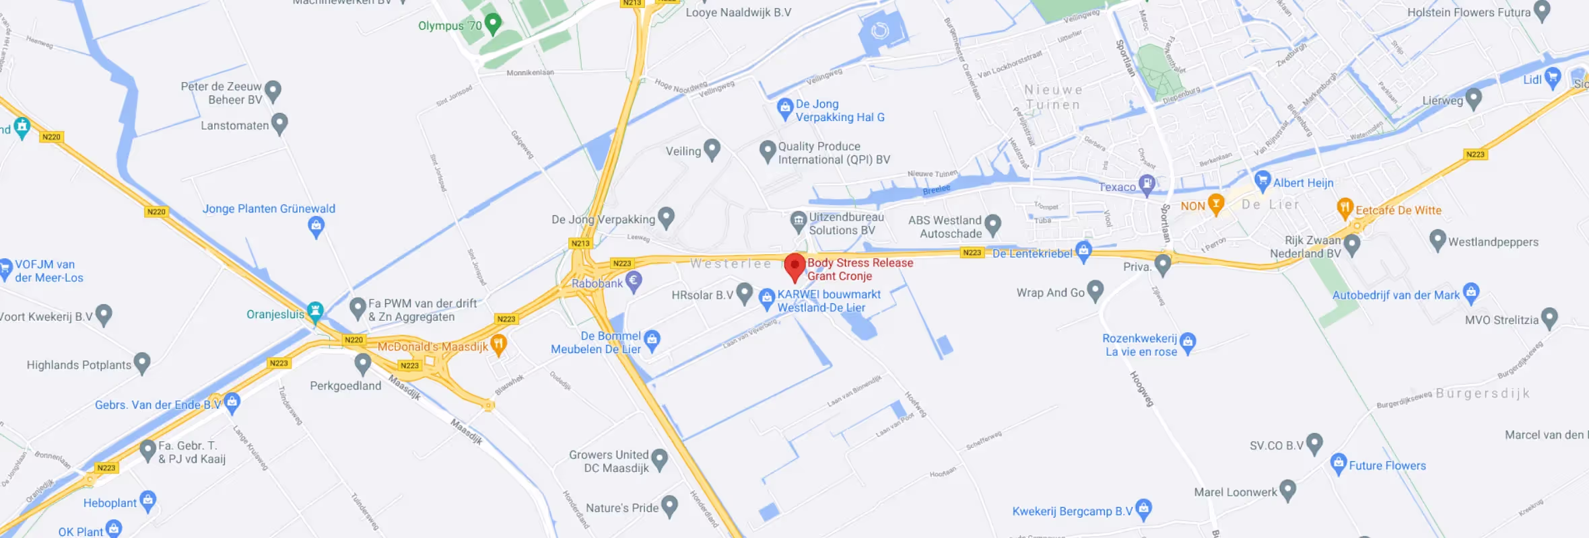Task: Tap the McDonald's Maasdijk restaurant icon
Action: pos(498,344)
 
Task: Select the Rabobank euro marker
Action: pos(633,280)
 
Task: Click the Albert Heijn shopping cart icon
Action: pos(1262,180)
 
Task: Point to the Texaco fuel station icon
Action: pos(1147,184)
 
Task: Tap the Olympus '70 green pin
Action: pos(493,24)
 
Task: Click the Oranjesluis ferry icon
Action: pos(315,311)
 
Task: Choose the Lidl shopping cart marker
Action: pos(1553,77)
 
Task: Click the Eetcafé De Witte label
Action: pos(1398,210)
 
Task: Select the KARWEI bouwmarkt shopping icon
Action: pos(767,298)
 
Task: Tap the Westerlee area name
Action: pos(731,264)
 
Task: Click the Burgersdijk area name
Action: pos(1483,393)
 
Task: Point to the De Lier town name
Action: pos(1271,204)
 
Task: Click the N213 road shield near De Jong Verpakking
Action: pos(580,243)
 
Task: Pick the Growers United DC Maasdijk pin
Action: pos(660,459)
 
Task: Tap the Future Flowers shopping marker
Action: pos(1338,463)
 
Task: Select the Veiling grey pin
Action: pos(712,149)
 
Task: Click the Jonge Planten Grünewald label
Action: pos(269,209)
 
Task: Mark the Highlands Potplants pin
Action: pos(141,362)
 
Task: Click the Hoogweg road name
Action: pos(1142,389)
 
